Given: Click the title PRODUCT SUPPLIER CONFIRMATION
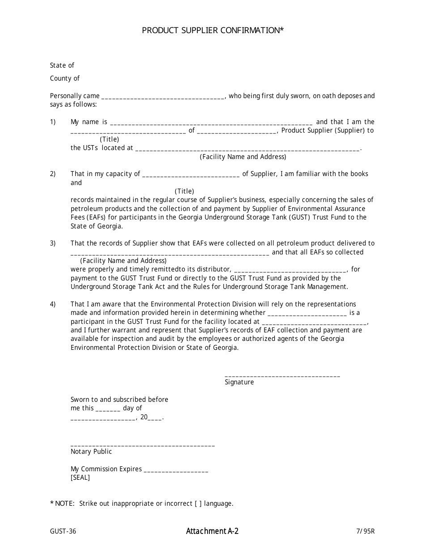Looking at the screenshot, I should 212,30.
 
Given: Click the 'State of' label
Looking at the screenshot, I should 62,65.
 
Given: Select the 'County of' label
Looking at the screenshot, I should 64,78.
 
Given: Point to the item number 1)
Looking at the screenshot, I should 53,122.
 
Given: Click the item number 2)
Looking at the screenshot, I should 53,174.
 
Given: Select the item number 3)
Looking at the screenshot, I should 53,243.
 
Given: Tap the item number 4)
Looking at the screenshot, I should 53,304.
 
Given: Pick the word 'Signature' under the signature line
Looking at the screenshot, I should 239,382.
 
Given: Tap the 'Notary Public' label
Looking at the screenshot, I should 91,452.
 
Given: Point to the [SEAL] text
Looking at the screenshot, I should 80,478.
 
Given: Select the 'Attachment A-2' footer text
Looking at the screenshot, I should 212,531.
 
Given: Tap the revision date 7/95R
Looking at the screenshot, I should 365,532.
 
